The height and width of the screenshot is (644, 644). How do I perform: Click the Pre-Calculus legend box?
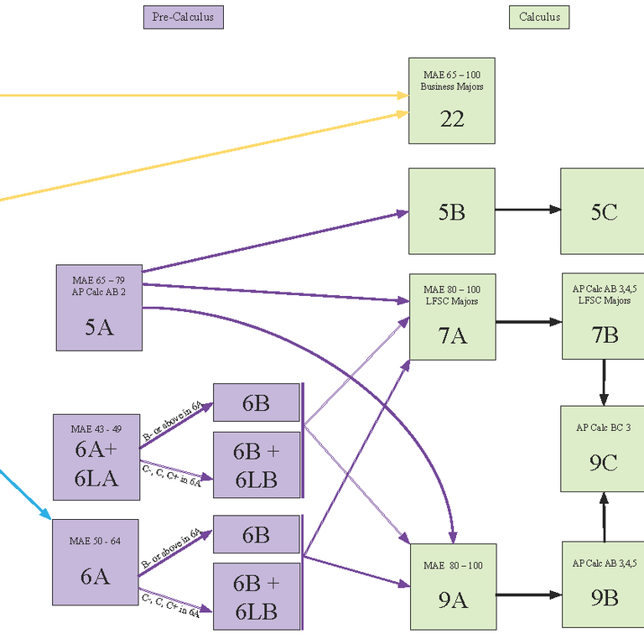184,17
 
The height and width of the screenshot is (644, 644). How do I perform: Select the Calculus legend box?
539,17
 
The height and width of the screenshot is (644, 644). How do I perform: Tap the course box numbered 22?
452,101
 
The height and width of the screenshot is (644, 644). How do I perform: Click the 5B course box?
452,211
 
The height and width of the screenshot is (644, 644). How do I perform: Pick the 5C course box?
603,211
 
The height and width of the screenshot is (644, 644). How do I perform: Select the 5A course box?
99,308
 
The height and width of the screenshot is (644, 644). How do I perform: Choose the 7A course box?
452,317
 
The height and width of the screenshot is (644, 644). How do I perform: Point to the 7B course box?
603,317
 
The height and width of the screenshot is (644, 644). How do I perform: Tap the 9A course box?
452,586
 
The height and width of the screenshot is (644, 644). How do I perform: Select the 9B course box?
603,584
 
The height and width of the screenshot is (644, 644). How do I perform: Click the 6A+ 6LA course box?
96,457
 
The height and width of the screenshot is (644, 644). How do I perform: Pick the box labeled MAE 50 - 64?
96,562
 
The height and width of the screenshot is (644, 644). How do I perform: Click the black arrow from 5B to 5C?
527,210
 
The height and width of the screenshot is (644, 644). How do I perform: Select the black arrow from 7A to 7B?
528,322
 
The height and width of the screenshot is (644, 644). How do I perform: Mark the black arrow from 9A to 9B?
528,595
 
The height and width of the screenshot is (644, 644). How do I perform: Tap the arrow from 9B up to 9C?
603,517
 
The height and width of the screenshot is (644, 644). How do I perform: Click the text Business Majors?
452,86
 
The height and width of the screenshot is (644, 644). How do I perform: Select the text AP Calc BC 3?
603,428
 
